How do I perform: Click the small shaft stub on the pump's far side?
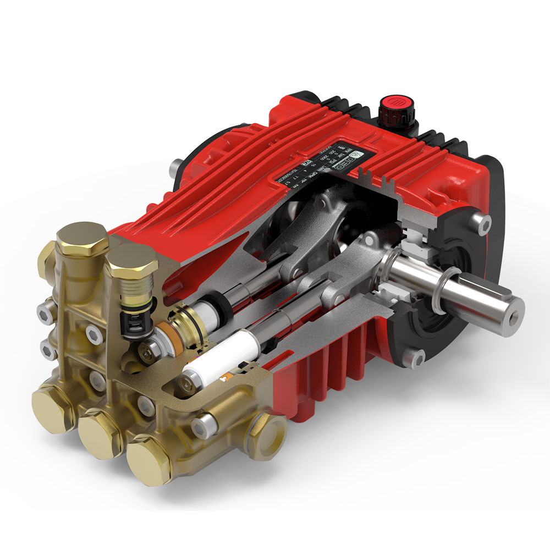pyautogui.click(x=175, y=165)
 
